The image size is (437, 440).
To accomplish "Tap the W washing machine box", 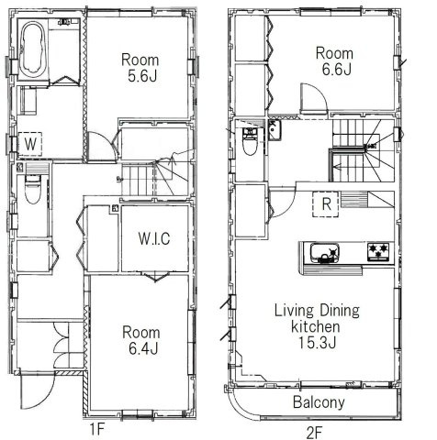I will click(31, 144).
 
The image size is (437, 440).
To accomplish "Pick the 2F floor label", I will click(314, 427).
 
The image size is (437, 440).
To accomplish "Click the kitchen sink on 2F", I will click(324, 252).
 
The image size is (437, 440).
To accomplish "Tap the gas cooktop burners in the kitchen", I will click(377, 250).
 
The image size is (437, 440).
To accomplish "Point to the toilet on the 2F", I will click(250, 140).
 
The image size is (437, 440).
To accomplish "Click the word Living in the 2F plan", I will click(295, 310).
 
